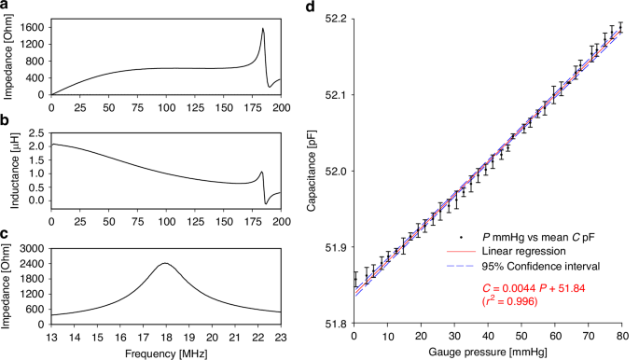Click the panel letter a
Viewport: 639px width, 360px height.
coord(6,9)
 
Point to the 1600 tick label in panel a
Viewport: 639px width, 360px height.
coord(33,28)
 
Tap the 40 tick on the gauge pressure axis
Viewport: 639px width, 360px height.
coord(488,334)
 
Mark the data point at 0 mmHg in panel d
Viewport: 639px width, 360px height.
coord(354,279)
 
